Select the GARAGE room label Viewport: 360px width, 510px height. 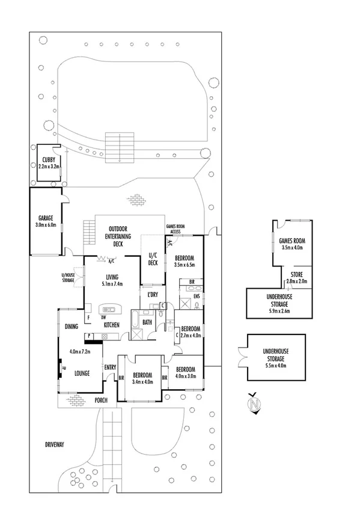click(x=46, y=218)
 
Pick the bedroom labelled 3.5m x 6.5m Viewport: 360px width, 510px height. click(x=185, y=261)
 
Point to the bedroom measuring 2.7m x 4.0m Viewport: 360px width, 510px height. click(x=190, y=332)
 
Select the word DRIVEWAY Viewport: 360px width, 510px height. click(x=55, y=444)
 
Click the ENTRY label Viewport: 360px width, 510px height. click(x=110, y=368)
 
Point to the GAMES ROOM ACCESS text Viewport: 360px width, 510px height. click(x=175, y=229)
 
